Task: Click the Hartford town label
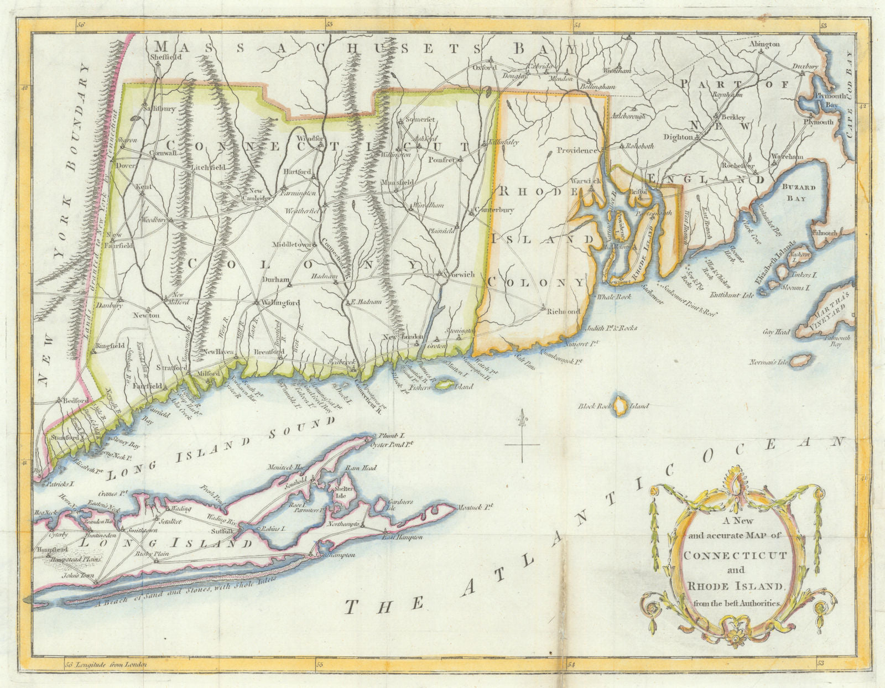(297, 172)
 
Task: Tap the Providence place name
(577, 150)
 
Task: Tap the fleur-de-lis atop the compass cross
(521, 419)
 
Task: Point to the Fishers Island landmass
(442, 384)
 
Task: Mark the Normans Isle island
(800, 361)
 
